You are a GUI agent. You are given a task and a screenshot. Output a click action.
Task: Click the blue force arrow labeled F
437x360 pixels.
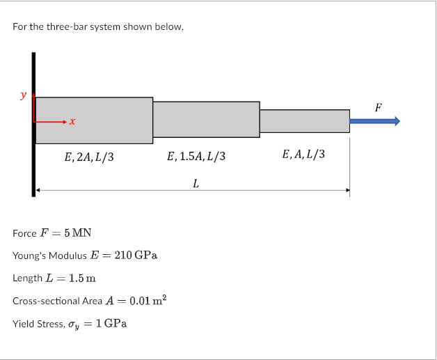374,121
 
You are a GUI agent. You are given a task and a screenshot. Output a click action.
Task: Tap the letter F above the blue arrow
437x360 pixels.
378,108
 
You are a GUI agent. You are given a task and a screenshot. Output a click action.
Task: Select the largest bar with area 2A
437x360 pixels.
94,120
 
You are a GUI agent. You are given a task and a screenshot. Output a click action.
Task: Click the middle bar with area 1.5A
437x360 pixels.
206,119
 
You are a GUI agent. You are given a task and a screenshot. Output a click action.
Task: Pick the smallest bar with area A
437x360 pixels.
304,120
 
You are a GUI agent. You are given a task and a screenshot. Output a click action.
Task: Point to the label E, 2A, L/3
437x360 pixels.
88,157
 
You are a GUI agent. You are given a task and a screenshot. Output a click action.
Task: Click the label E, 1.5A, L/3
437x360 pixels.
197,157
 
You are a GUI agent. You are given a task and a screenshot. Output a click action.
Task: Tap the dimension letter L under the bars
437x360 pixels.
196,184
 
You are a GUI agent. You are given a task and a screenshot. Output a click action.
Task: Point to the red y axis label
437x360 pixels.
25,95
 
